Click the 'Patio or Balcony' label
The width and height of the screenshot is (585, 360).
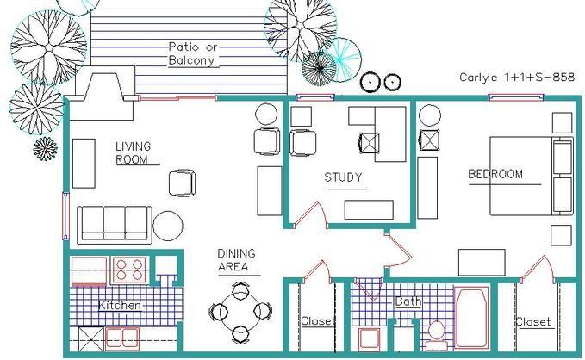pyautogui.click(x=192, y=53)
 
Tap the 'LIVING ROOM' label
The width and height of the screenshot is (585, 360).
pyautogui.click(x=134, y=153)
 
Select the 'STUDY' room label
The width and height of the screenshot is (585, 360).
pyautogui.click(x=343, y=177)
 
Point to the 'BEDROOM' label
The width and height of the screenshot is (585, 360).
pyautogui.click(x=495, y=174)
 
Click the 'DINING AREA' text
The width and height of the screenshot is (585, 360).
pyautogui.click(x=237, y=260)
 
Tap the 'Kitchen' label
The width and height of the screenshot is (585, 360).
pyautogui.click(x=120, y=306)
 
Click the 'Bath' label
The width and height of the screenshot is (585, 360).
pyautogui.click(x=408, y=301)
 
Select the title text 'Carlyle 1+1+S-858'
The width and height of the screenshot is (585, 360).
pyautogui.click(x=517, y=78)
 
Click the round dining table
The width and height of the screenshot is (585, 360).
pyautogui.click(x=240, y=313)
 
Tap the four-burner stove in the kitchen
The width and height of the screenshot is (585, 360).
pyautogui.click(x=129, y=270)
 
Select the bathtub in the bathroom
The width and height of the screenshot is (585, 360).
pyautogui.click(x=471, y=317)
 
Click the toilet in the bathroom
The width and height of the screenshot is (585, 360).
pyautogui.click(x=436, y=335)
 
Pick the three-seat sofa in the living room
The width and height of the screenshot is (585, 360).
pyautogui.click(x=115, y=225)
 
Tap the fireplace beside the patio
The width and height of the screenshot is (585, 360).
pyautogui.click(x=103, y=93)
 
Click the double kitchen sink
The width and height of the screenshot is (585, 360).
pyautogui.click(x=122, y=338)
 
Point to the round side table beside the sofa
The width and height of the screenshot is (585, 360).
pyautogui.click(x=168, y=226)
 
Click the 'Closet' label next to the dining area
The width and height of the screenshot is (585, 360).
pyautogui.click(x=316, y=321)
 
